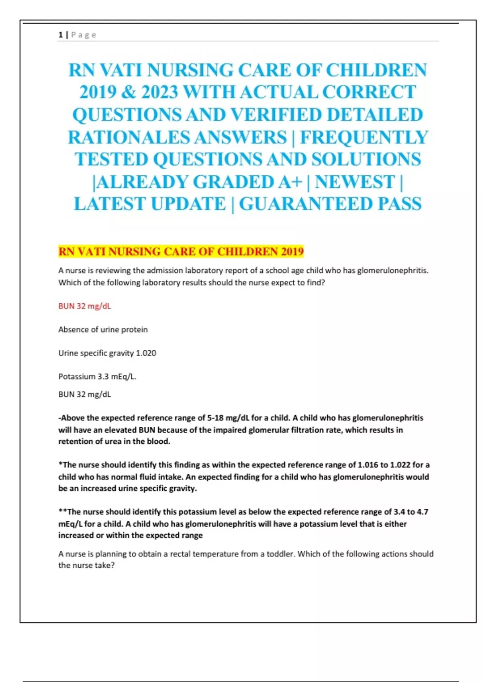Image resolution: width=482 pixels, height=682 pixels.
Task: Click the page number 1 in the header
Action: click(x=60, y=35)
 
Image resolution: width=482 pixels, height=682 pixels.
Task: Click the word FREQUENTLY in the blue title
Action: click(x=364, y=137)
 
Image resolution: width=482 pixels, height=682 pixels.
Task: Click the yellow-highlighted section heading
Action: click(x=181, y=252)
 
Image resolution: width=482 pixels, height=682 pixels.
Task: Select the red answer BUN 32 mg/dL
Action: click(x=85, y=306)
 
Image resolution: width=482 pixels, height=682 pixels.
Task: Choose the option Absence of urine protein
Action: click(x=103, y=329)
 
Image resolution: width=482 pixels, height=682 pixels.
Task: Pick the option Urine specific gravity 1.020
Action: click(x=107, y=353)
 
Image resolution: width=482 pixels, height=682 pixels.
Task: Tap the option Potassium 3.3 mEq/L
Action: click(x=97, y=376)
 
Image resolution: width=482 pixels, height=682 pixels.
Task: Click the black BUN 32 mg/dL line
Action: click(x=85, y=394)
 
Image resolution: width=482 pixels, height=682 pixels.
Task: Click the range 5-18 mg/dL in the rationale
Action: click(x=228, y=418)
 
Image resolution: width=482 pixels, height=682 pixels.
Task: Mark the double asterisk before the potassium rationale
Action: click(x=63, y=511)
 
